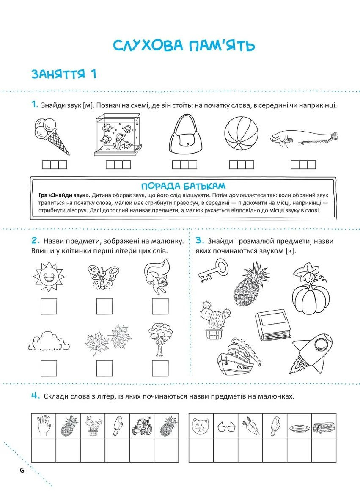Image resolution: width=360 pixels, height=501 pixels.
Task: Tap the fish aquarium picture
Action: [118, 135]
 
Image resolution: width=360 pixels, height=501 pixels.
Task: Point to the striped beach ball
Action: [241, 134]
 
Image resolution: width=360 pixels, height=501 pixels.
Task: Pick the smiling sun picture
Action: [49, 276]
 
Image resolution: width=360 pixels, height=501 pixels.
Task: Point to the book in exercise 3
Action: [273, 325]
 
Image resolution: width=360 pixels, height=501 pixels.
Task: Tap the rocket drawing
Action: [312, 353]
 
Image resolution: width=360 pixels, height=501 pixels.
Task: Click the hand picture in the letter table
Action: [44, 426]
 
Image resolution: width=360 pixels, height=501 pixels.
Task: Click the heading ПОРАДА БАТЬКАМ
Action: [183, 186]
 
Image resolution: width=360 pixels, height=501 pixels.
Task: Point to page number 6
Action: [22, 471]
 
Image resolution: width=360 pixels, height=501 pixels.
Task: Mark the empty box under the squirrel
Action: [160, 306]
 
